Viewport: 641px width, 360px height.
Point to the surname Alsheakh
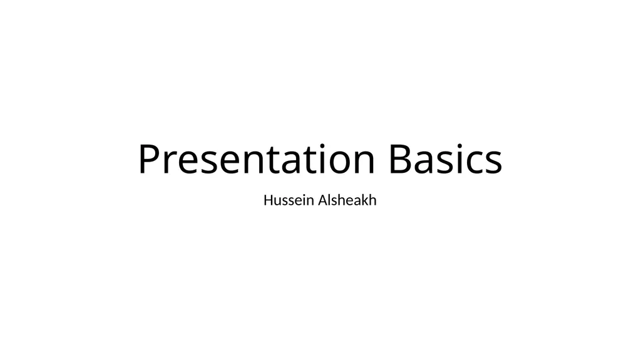(347, 200)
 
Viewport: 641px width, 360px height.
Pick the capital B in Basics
(401, 158)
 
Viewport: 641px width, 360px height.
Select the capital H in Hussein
(269, 200)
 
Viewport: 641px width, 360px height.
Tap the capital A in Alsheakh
(324, 200)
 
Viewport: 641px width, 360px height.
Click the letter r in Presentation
(170, 162)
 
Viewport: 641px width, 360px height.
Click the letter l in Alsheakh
(331, 200)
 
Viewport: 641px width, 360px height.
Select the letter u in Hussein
(280, 202)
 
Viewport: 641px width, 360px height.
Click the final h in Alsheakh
(373, 200)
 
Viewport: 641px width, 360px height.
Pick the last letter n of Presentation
(364, 162)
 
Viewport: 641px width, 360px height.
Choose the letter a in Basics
(425, 162)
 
